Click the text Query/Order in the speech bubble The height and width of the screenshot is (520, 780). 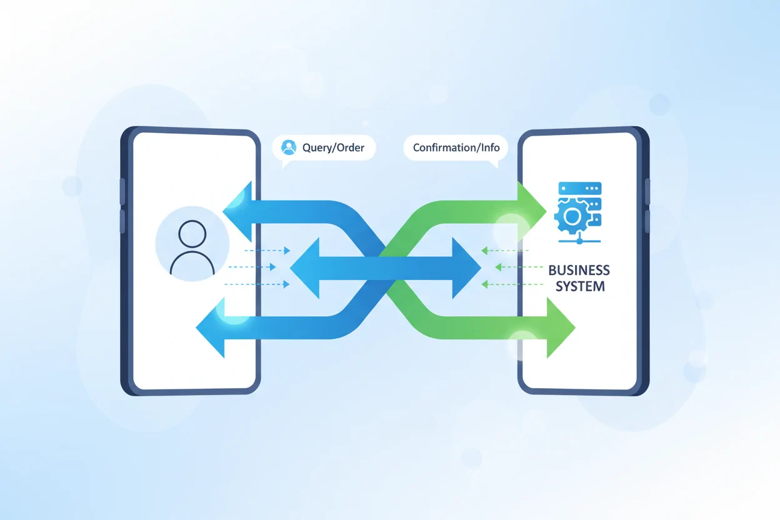click(329, 148)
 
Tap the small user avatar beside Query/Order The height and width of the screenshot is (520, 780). click(288, 147)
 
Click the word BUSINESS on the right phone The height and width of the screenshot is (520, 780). click(579, 271)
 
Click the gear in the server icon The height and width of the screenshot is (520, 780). click(571, 216)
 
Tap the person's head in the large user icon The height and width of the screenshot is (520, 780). click(192, 234)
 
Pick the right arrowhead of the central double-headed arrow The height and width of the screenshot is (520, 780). click(465, 268)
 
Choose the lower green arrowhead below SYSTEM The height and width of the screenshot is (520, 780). click(559, 327)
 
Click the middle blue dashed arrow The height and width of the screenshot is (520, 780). click(252, 267)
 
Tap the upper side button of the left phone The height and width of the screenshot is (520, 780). click(122, 191)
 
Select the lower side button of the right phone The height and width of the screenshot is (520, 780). click(647, 221)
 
